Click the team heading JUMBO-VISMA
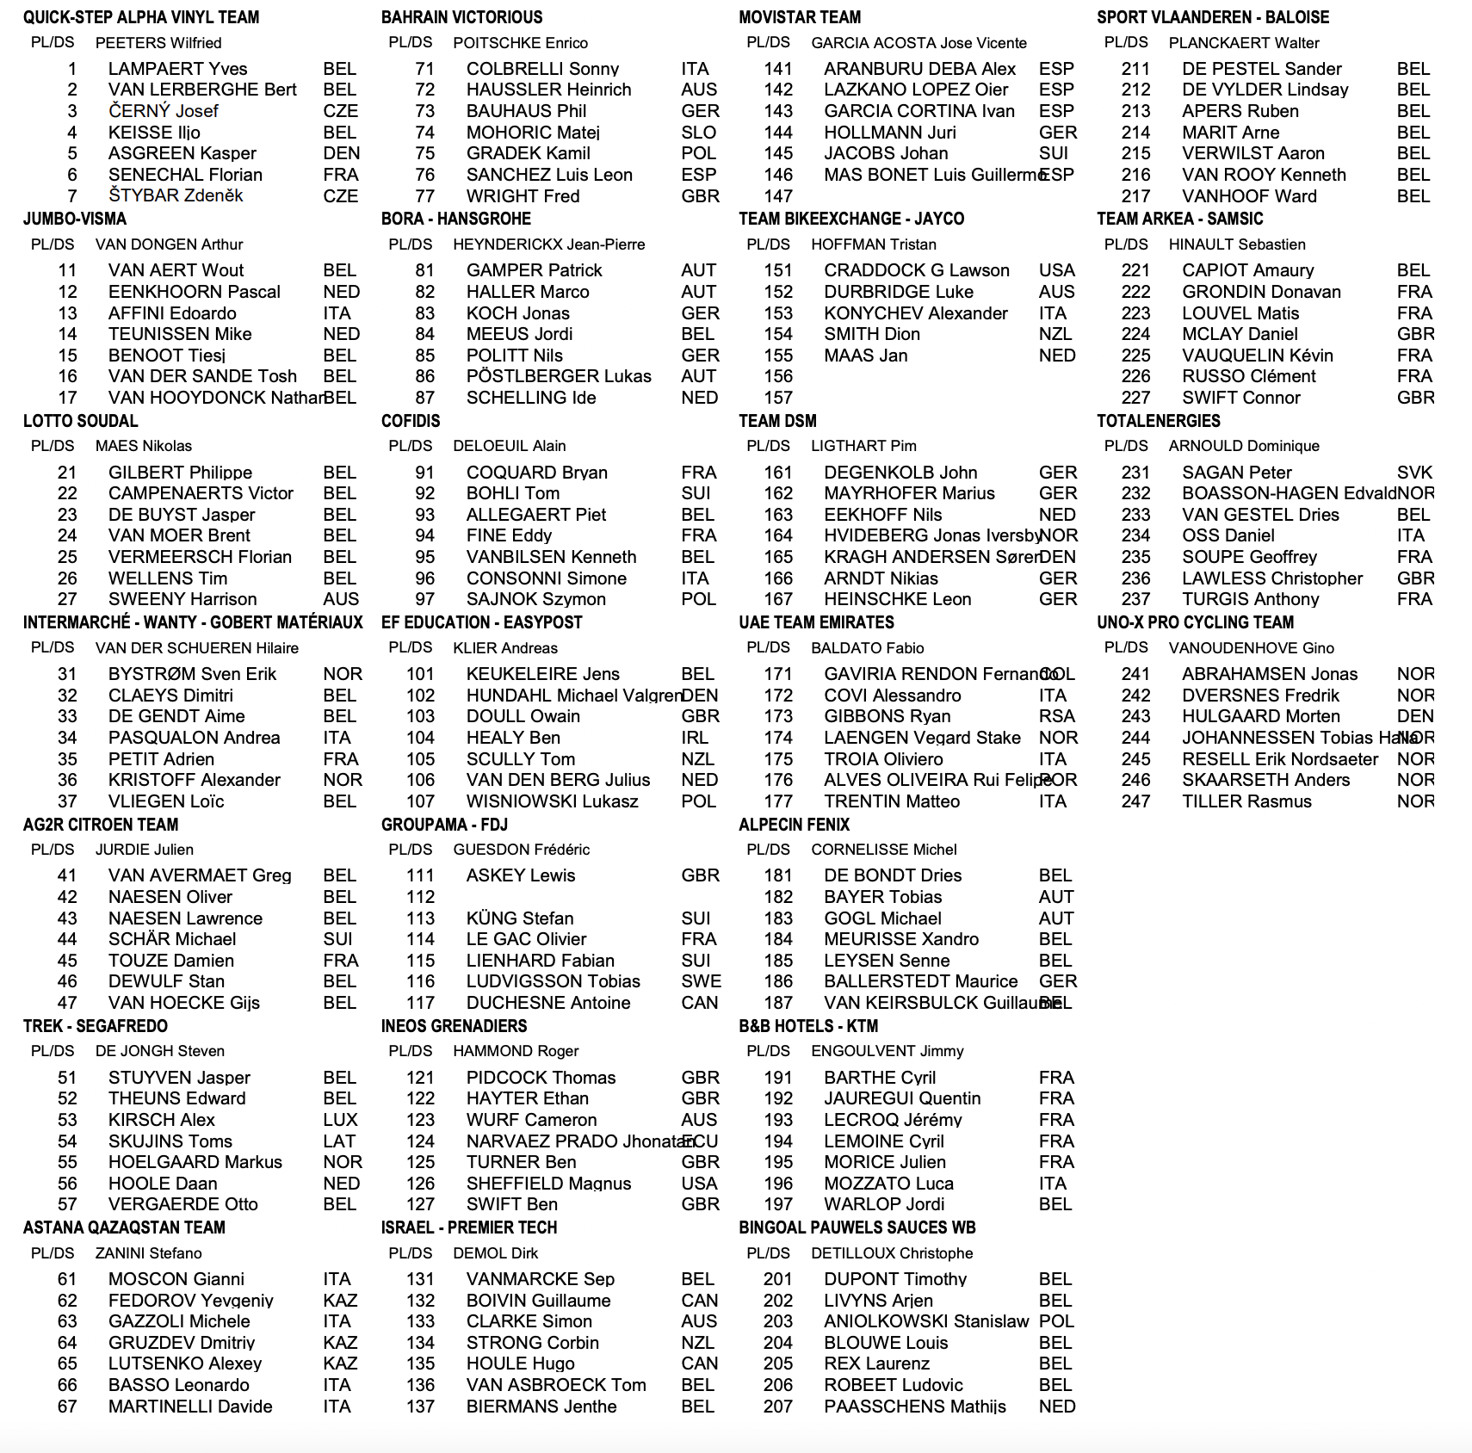click(x=75, y=219)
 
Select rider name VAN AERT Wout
click(x=176, y=270)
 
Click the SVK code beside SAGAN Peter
click(x=1414, y=473)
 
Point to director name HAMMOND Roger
click(x=516, y=1051)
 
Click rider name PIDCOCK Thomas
click(x=541, y=1078)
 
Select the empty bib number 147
click(x=778, y=196)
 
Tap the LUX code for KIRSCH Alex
click(x=340, y=1120)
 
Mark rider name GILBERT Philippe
click(x=180, y=473)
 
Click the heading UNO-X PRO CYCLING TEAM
click(x=1195, y=622)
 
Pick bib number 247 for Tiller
click(x=1135, y=801)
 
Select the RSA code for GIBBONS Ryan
click(x=1056, y=716)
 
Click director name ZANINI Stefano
click(x=148, y=1253)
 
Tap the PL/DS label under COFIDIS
click(x=410, y=446)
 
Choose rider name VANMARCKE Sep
click(x=541, y=1279)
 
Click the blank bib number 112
click(x=420, y=897)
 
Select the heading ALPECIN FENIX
click(x=794, y=825)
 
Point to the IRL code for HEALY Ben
click(x=695, y=738)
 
